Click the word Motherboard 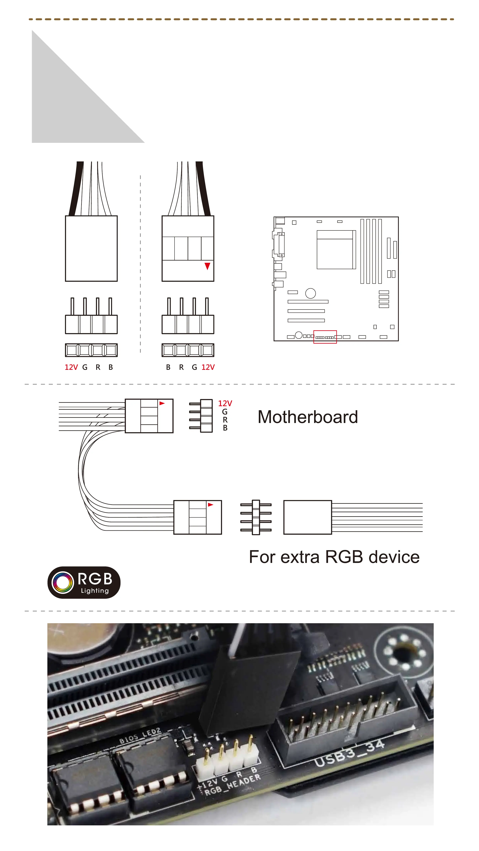pos(307,417)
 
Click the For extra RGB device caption pos(334,557)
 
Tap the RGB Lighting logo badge pos(84,582)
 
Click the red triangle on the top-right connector pos(207,266)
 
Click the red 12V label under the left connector pos(71,367)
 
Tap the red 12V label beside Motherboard pos(225,403)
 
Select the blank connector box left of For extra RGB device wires pos(307,517)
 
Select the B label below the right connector pos(168,367)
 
